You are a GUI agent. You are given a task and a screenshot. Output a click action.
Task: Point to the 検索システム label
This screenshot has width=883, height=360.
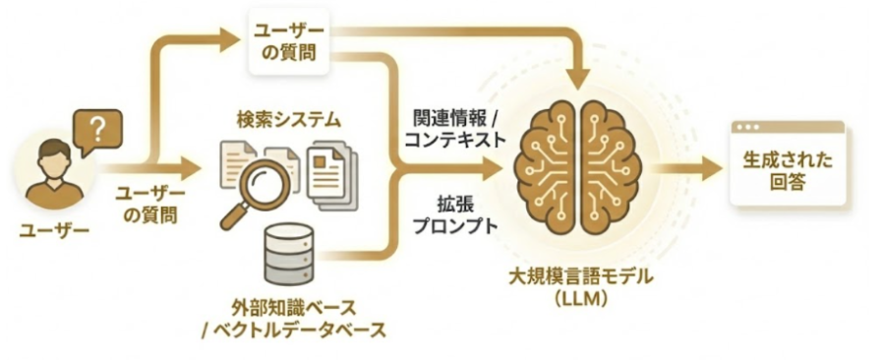pyautogui.click(x=288, y=121)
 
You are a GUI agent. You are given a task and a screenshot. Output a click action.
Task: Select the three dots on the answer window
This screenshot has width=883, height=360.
pyautogui.click(x=751, y=128)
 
